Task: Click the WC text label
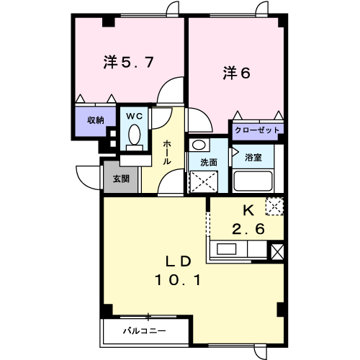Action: point(135,115)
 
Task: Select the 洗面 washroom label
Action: point(209,163)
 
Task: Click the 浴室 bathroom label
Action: point(253,156)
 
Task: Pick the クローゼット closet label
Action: point(257,130)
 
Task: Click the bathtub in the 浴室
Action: point(253,180)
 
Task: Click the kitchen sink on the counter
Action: point(226,251)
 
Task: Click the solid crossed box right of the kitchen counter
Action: point(277,251)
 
